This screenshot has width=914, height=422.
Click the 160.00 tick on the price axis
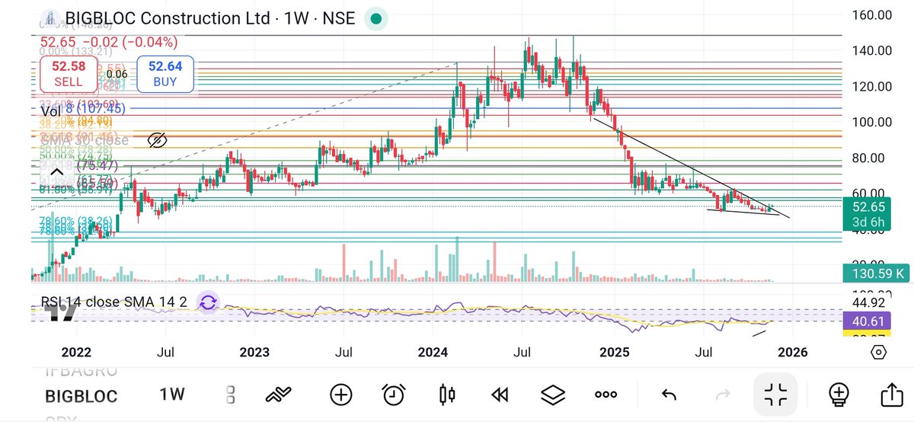point(871,14)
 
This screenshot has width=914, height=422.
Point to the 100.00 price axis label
point(871,122)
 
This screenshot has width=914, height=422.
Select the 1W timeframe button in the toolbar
point(172,395)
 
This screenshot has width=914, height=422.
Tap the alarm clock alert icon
point(393,395)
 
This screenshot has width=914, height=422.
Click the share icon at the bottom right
point(890,395)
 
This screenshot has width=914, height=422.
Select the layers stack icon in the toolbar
point(553,395)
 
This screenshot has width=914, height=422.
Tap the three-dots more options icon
point(606,395)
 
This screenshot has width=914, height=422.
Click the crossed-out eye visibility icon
point(156,140)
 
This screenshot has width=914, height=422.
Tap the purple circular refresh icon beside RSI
point(207,302)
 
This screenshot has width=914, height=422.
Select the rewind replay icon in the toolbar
point(500,395)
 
